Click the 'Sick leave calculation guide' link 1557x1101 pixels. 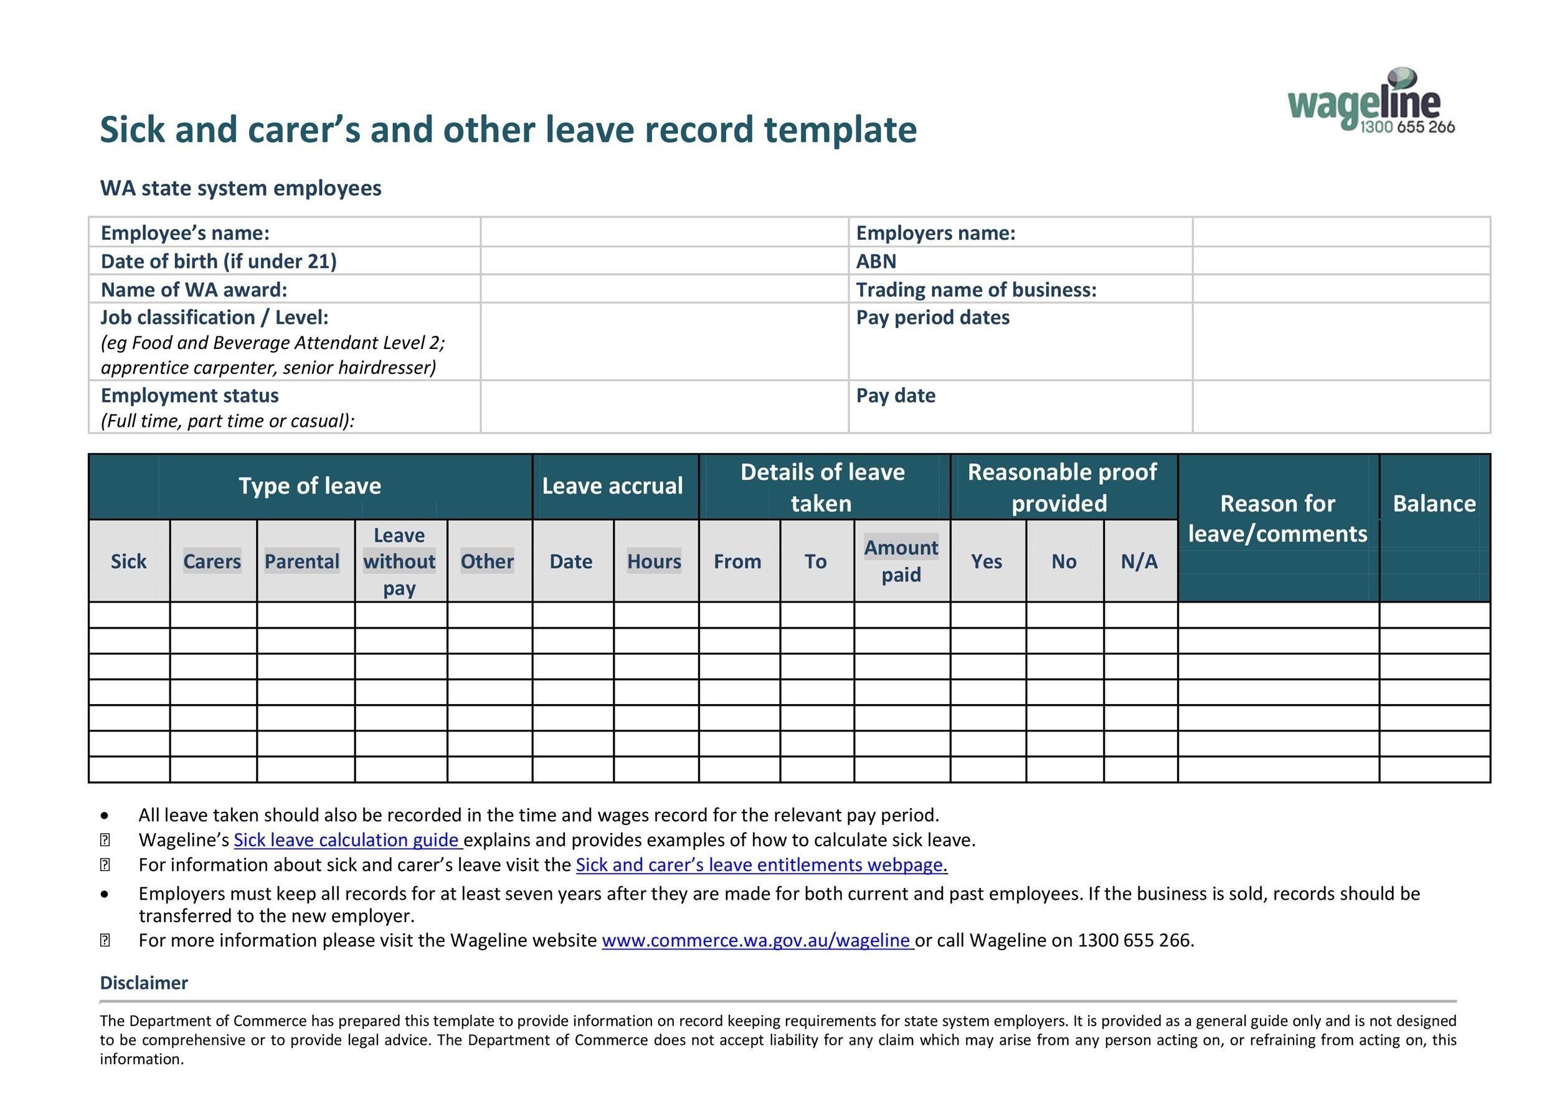pos(346,840)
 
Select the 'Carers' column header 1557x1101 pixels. pos(212,561)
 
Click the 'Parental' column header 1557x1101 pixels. pos(302,561)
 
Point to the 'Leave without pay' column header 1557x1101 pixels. pos(399,561)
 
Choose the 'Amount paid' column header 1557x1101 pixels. pos(901,561)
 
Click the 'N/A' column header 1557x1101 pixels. pos(1139,561)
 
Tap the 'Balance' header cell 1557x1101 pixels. pos(1434,503)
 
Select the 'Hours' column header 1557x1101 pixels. pos(654,561)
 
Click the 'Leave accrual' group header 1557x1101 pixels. pos(612,486)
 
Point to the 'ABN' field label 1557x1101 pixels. pos(876,261)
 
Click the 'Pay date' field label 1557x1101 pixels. pos(896,396)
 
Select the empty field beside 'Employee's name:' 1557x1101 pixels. pos(664,232)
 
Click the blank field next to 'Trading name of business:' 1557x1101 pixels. pos(1341,290)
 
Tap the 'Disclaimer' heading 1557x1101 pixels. pos(144,983)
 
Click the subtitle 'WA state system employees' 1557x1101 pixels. pos(241,188)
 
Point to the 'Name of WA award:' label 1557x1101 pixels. pos(194,290)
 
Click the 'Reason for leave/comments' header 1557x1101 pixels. pos(1277,518)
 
